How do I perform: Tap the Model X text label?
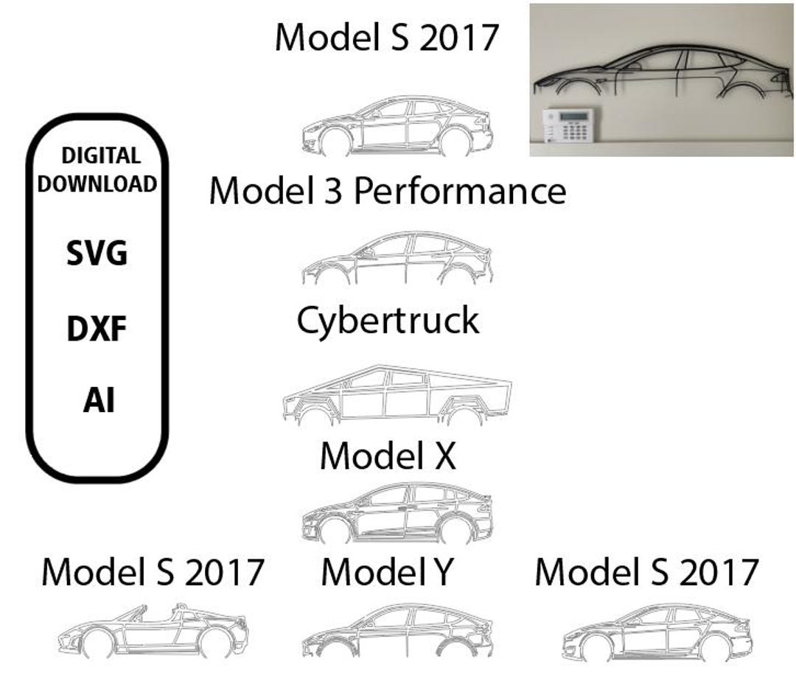pos(388,456)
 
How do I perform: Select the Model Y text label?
pos(387,572)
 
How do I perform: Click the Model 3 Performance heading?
pos(388,192)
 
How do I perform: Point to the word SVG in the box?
pos(97,253)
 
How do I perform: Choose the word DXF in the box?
pos(97,328)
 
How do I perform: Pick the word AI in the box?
pos(99,400)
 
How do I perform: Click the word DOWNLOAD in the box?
pos(97,184)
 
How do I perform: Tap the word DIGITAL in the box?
pos(101,156)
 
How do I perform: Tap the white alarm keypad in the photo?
pos(568,125)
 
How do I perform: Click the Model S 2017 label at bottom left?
pos(153,572)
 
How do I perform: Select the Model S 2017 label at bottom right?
pos(647,572)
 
